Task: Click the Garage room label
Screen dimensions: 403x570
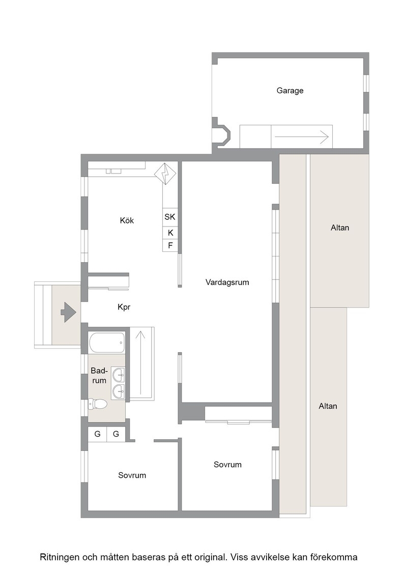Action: tap(290, 91)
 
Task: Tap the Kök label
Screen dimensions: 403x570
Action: tap(127, 220)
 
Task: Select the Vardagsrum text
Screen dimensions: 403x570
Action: tap(227, 282)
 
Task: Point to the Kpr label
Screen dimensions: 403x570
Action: tap(124, 307)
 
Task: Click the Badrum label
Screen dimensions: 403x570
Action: tap(99, 376)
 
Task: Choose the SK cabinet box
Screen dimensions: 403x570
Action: tap(170, 217)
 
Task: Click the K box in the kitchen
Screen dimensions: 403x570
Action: tap(170, 233)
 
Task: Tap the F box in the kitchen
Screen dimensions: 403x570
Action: tap(170, 246)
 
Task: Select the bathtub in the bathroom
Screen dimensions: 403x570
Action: tap(107, 343)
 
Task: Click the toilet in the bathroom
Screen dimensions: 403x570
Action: tap(98, 404)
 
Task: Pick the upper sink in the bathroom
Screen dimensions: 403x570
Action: tap(118, 374)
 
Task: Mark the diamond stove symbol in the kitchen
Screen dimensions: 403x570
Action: tap(165, 174)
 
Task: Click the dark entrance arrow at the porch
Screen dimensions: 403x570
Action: tap(68, 312)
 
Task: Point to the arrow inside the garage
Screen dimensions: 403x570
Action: tap(301, 137)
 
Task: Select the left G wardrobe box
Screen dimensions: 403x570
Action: tap(97, 434)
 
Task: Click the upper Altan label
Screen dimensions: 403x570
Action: tap(340, 228)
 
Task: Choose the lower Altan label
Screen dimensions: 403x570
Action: tap(328, 407)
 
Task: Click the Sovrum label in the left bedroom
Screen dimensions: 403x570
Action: tap(132, 475)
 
